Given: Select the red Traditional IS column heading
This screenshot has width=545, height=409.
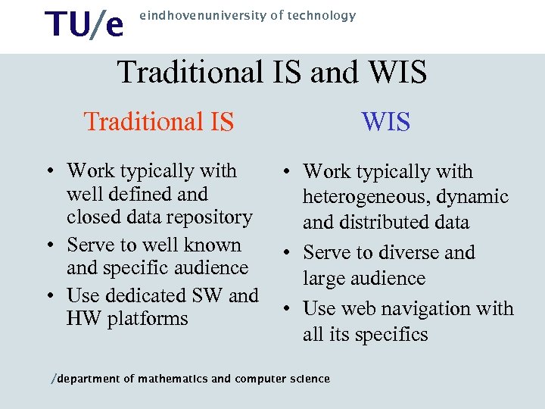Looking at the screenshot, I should pyautogui.click(x=159, y=121).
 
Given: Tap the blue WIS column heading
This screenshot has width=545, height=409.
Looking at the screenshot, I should pyautogui.click(x=386, y=121).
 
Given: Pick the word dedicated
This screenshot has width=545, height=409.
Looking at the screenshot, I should pyautogui.click(x=147, y=295).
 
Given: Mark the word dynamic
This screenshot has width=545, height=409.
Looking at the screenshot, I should pyautogui.click(x=473, y=198).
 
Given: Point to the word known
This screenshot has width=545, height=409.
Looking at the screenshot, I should pyautogui.click(x=214, y=245).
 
